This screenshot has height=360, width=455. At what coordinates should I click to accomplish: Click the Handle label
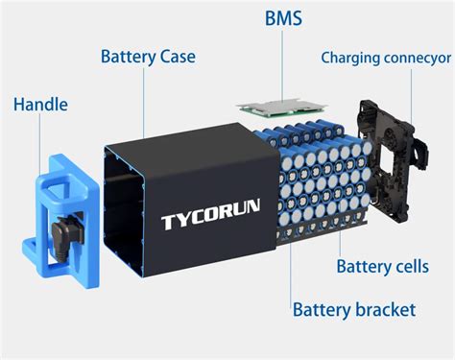pos(40,103)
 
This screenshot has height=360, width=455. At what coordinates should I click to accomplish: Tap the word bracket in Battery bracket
pos(385,309)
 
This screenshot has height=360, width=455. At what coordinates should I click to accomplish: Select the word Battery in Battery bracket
pos(323,309)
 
